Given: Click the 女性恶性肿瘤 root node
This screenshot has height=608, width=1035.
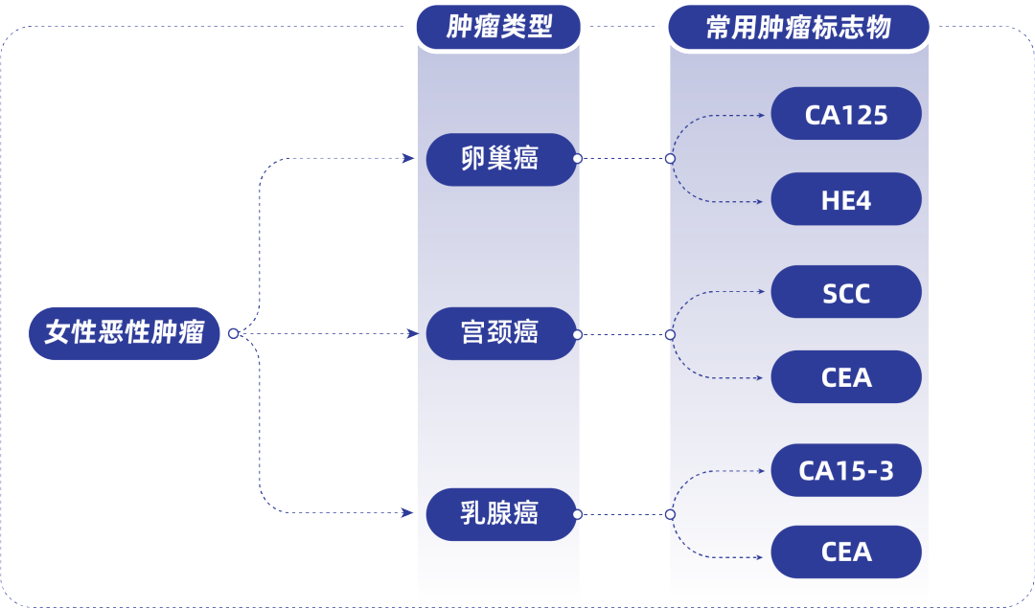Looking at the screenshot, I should pyautogui.click(x=125, y=333).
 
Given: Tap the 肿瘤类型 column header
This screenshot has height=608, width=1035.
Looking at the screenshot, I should pyautogui.click(x=499, y=27).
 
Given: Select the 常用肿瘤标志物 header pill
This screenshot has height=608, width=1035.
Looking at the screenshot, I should pyautogui.click(x=798, y=27).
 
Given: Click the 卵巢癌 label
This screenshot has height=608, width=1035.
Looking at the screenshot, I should pyautogui.click(x=499, y=158).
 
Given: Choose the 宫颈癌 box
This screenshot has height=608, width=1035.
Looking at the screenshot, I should pyautogui.click(x=499, y=333).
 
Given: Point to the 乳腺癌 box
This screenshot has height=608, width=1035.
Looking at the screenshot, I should pyautogui.click(x=499, y=514).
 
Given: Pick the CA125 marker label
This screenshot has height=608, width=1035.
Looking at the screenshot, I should pyautogui.click(x=846, y=116).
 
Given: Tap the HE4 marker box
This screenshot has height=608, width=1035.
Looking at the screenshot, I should pyautogui.click(x=846, y=201).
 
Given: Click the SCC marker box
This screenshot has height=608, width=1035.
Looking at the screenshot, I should pyautogui.click(x=846, y=293).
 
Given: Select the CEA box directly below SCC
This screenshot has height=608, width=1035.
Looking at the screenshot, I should pyautogui.click(x=846, y=377).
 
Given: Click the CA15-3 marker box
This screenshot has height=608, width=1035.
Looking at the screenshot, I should pyautogui.click(x=846, y=471).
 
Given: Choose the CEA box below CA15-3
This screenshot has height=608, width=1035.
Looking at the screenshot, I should pyautogui.click(x=846, y=552).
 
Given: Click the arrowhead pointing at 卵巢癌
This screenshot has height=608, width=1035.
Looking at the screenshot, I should pyautogui.click(x=409, y=158).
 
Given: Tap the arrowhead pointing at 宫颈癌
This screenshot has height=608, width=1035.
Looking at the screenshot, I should pyautogui.click(x=412, y=333).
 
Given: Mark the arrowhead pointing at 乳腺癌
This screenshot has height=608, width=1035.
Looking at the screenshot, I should pyautogui.click(x=409, y=514).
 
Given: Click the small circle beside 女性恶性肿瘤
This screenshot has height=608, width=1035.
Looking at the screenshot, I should pyautogui.click(x=233, y=334).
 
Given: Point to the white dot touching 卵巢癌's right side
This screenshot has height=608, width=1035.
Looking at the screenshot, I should pyautogui.click(x=577, y=158).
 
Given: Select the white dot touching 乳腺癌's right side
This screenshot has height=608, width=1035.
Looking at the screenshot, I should pyautogui.click(x=577, y=514).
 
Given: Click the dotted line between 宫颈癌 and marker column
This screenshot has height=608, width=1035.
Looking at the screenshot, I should pyautogui.click(x=623, y=334).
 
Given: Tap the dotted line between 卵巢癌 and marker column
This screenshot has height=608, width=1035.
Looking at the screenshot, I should pyautogui.click(x=623, y=158).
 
